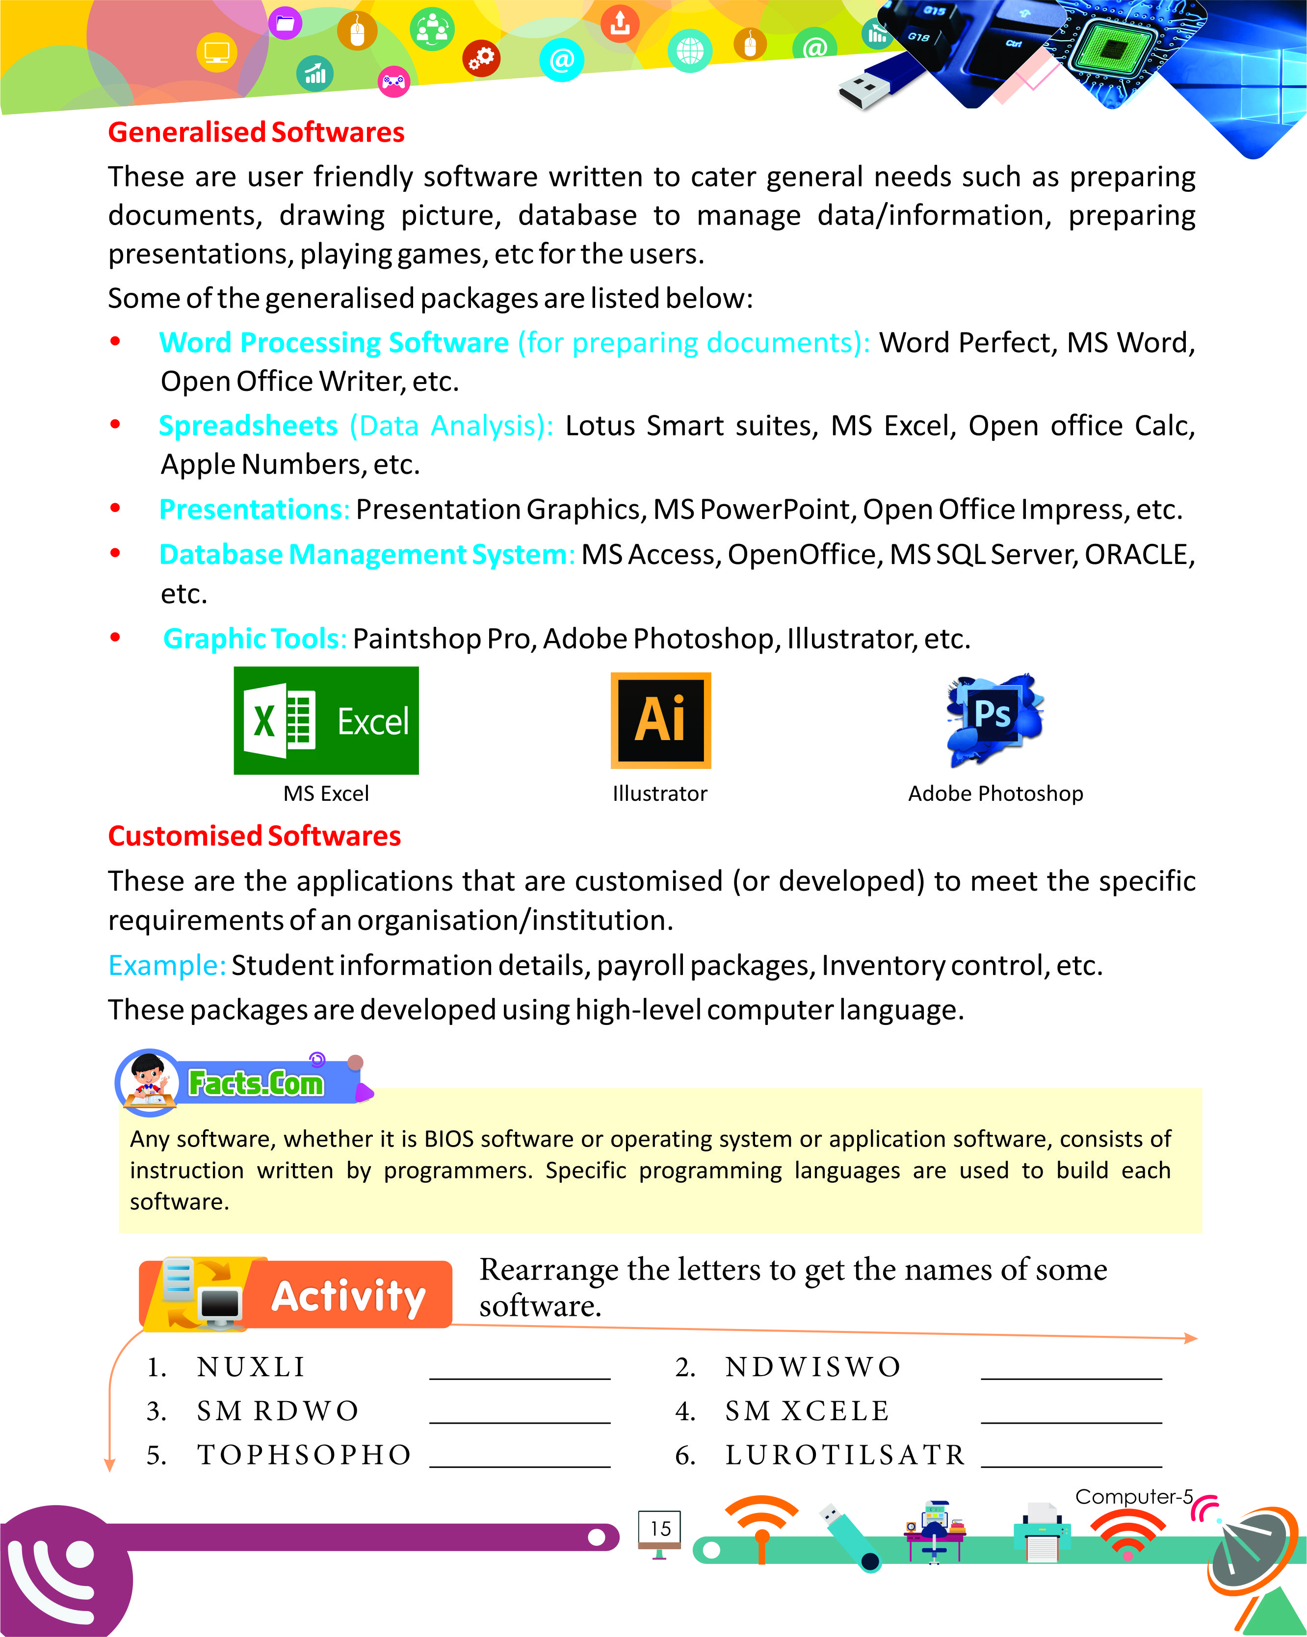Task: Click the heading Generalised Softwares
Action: click(x=256, y=132)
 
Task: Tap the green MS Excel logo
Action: click(x=326, y=720)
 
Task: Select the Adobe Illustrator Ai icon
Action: click(x=660, y=720)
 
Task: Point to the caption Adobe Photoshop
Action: click(x=995, y=793)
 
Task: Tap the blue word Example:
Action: click(x=166, y=966)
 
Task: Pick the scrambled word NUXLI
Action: click(x=251, y=1367)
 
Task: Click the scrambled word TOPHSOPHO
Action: click(x=304, y=1455)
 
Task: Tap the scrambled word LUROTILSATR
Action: click(x=844, y=1455)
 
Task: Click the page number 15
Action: click(x=660, y=1529)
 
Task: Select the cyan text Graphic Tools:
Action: click(x=255, y=639)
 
